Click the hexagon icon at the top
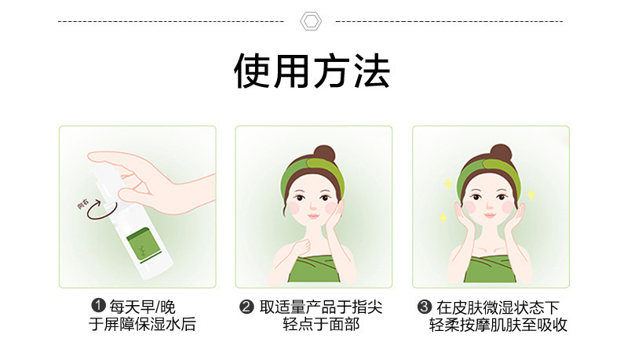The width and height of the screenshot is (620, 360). [311, 21]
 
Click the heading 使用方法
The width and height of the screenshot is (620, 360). [312, 71]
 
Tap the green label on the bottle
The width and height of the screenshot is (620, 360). [143, 245]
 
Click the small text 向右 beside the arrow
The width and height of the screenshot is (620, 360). [82, 205]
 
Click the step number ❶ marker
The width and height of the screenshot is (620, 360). [98, 305]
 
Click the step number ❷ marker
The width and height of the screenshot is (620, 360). [246, 307]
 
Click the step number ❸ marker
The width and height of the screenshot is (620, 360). [425, 307]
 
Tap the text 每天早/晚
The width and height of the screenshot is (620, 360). [142, 306]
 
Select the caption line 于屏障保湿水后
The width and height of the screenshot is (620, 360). [142, 324]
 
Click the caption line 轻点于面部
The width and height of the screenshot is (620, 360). [321, 324]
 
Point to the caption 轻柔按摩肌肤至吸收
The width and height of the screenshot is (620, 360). [498, 325]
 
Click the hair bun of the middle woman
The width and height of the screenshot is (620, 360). [324, 154]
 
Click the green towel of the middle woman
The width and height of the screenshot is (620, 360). [314, 269]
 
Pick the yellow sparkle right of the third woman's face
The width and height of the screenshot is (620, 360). [531, 195]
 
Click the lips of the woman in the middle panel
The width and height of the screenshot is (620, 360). [313, 216]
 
